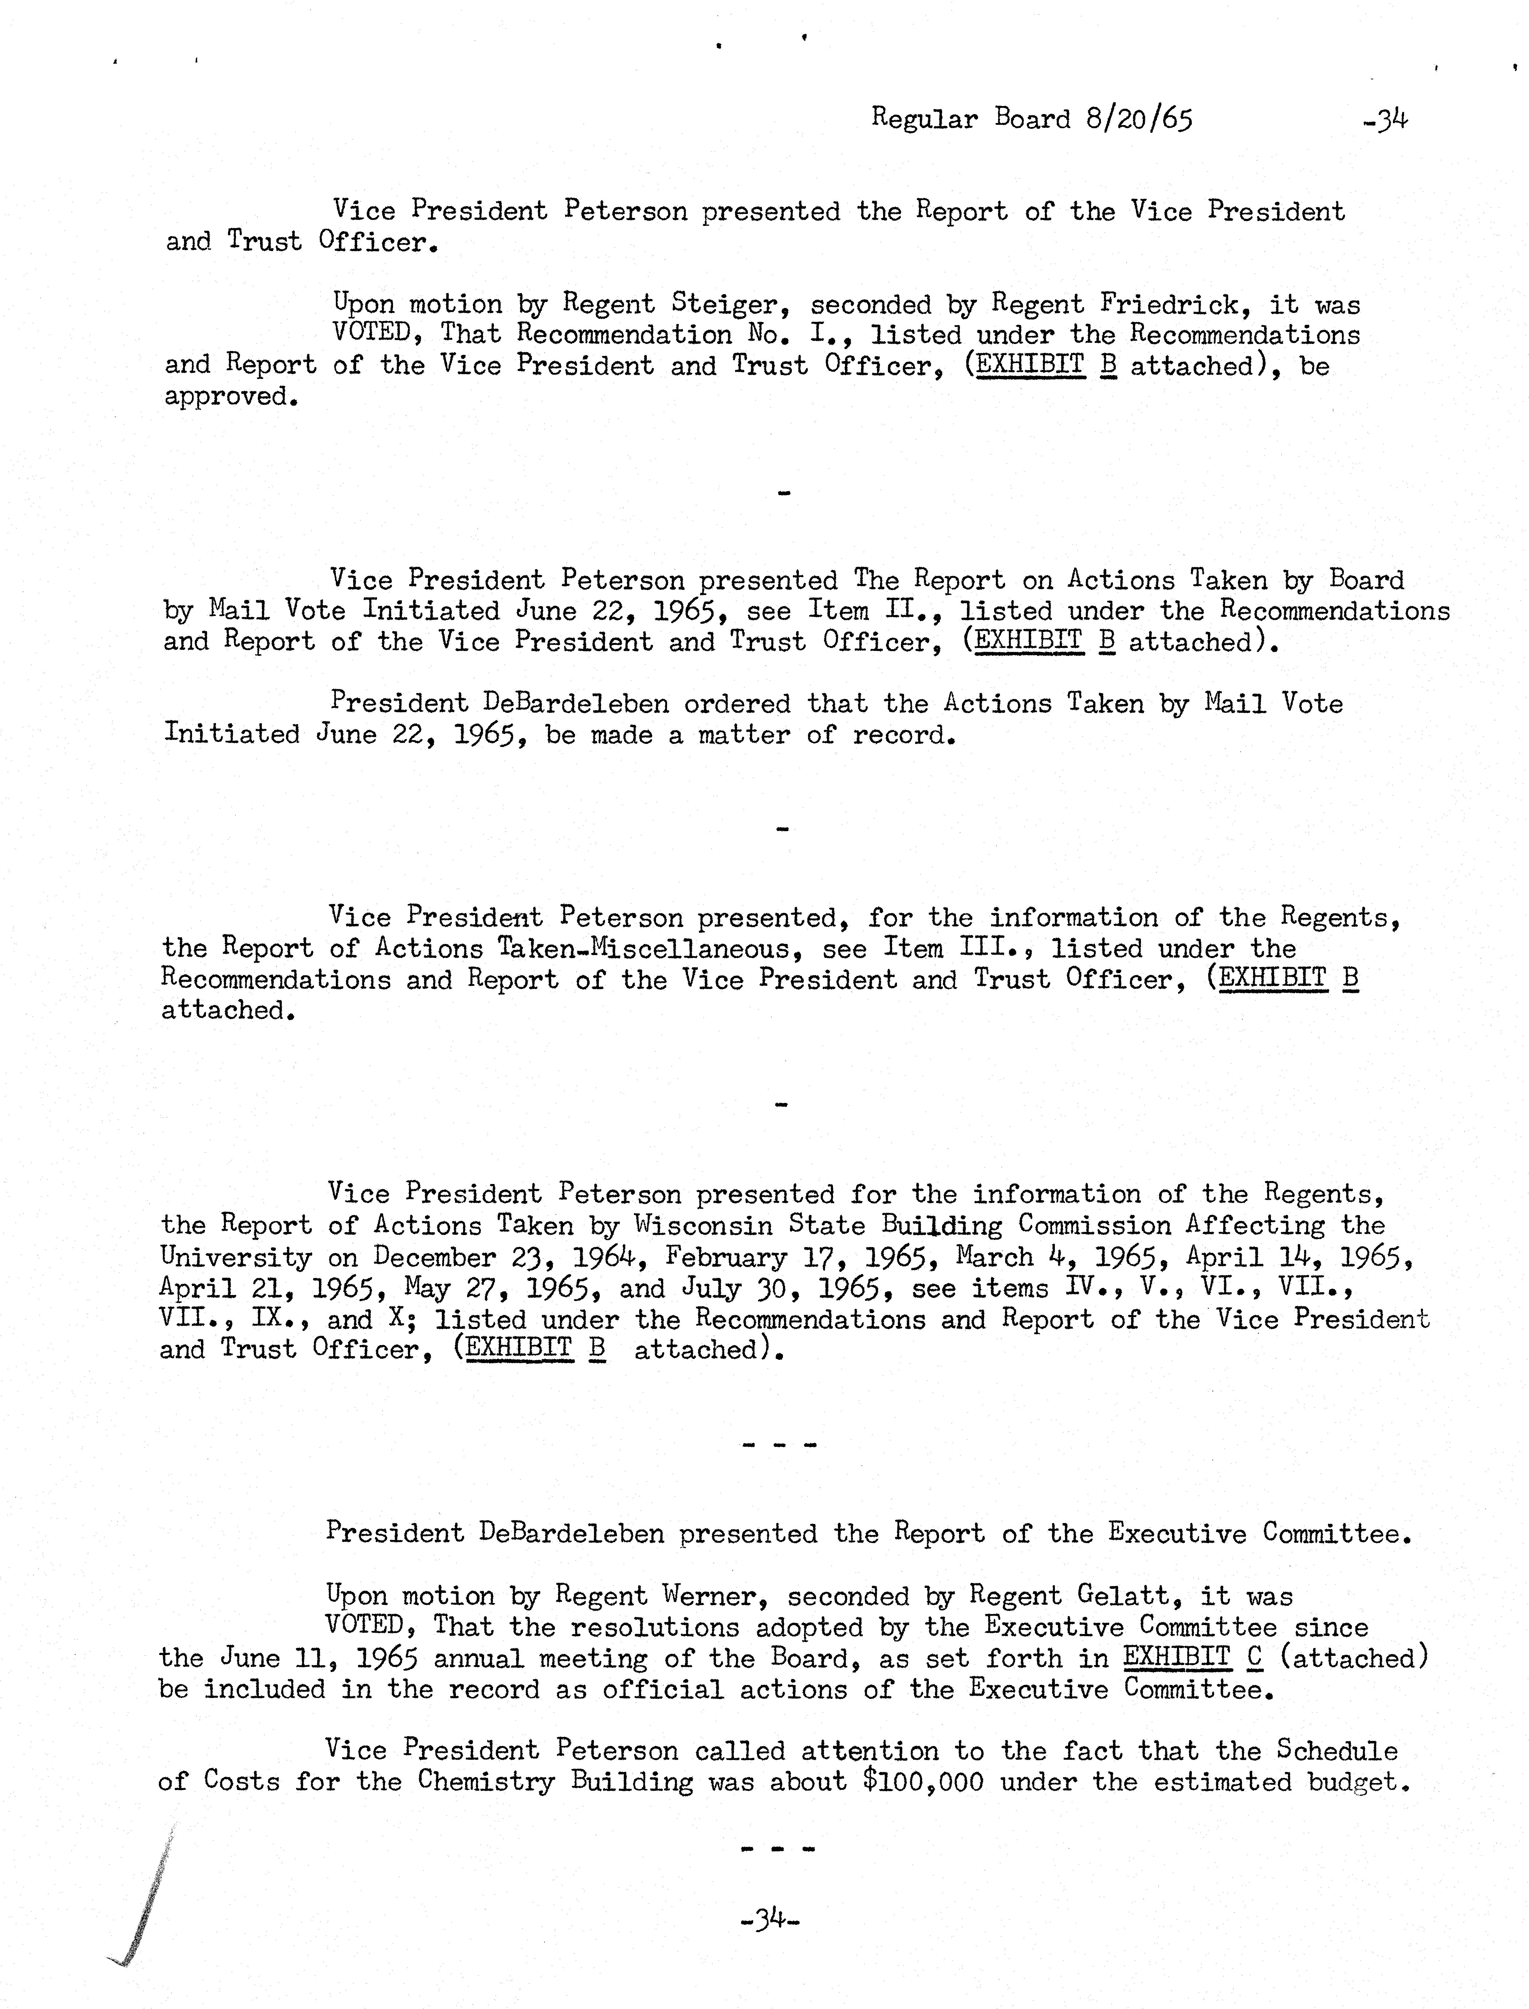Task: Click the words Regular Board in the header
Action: pyautogui.click(x=970, y=119)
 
